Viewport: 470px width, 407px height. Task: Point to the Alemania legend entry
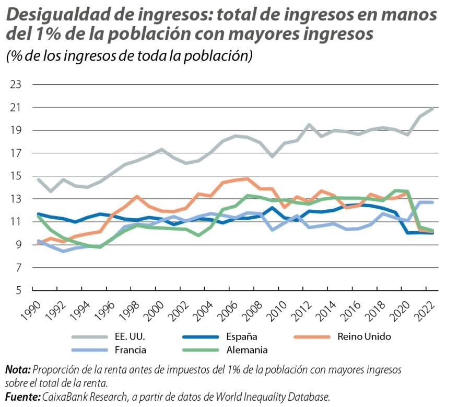pos(248,350)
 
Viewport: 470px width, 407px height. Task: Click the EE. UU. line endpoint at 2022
pos(433,108)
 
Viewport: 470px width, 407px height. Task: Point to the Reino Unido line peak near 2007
pos(246,179)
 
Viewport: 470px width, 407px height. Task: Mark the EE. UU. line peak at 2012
pos(309,125)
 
